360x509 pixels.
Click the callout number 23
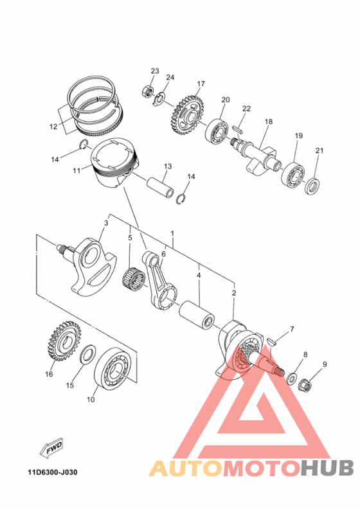(x=155, y=70)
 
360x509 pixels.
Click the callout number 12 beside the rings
(x=53, y=127)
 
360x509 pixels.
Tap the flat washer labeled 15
(x=86, y=355)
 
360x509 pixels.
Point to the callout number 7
(x=291, y=329)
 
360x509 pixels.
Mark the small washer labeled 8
(x=292, y=377)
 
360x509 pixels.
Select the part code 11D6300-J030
(x=52, y=472)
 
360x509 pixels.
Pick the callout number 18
(x=268, y=121)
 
